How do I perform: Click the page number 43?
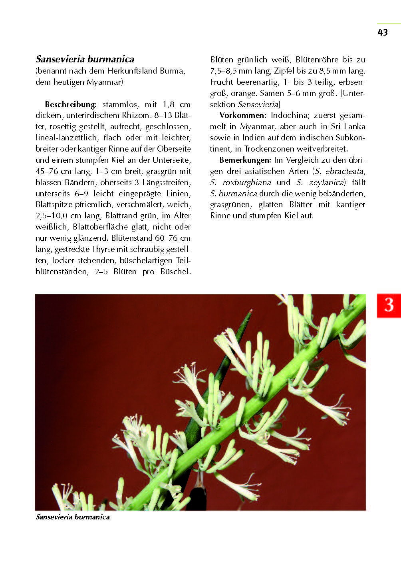pos(382,32)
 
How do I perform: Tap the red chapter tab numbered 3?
pos(389,306)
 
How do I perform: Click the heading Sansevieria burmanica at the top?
pos(85,59)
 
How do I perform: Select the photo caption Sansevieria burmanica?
pos(73,517)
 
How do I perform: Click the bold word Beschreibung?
pos(71,104)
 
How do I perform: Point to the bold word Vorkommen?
pos(243,116)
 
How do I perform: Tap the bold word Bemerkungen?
pos(245,160)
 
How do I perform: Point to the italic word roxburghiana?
pos(247,182)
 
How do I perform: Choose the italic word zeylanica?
pos(326,182)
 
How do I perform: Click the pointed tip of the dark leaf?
pos(251,311)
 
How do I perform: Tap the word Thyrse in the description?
pos(103,249)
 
